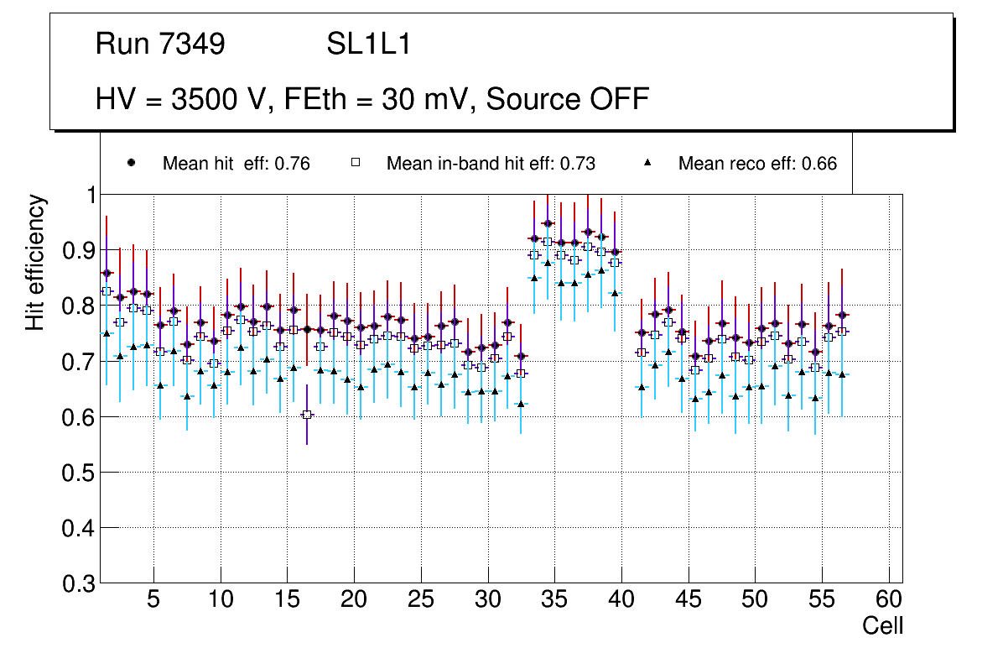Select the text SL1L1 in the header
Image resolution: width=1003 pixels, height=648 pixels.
click(368, 45)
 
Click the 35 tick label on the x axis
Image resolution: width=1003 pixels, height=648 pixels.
click(554, 601)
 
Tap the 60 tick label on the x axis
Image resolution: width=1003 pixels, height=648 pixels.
click(889, 601)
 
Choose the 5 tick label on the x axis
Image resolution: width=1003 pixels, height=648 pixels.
click(153, 601)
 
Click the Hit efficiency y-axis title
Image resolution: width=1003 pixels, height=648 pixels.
click(35, 262)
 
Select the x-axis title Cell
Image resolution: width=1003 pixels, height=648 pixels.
click(883, 626)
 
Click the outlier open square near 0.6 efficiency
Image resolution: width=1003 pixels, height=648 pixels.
click(307, 414)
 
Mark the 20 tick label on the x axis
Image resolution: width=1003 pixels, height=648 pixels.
click(354, 601)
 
